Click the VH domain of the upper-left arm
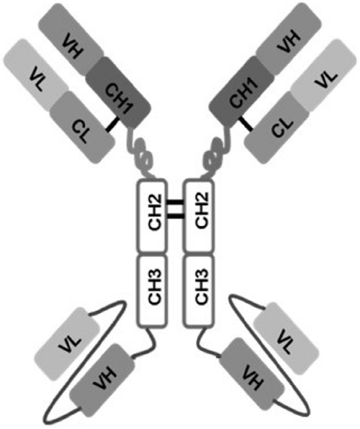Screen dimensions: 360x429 tap(71, 39)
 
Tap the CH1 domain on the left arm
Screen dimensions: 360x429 tap(118, 92)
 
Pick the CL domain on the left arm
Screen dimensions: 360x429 tap(82, 127)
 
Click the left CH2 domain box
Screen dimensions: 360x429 tap(152, 216)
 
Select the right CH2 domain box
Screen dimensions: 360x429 tap(199, 216)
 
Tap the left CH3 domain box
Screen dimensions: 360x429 tap(152, 291)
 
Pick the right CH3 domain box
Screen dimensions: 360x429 tap(199, 291)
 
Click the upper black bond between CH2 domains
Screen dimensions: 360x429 tap(175, 202)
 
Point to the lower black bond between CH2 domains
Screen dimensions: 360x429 tap(175, 217)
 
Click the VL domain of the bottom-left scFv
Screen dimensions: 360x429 tap(68, 343)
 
